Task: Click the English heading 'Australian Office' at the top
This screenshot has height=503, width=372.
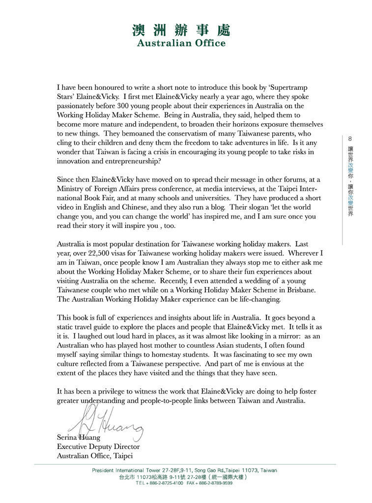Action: pos(181,43)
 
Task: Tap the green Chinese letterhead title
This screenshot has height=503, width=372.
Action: pos(181,30)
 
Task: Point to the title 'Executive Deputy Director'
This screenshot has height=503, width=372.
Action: pos(98,447)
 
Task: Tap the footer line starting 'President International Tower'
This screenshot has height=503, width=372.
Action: pos(184,470)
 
